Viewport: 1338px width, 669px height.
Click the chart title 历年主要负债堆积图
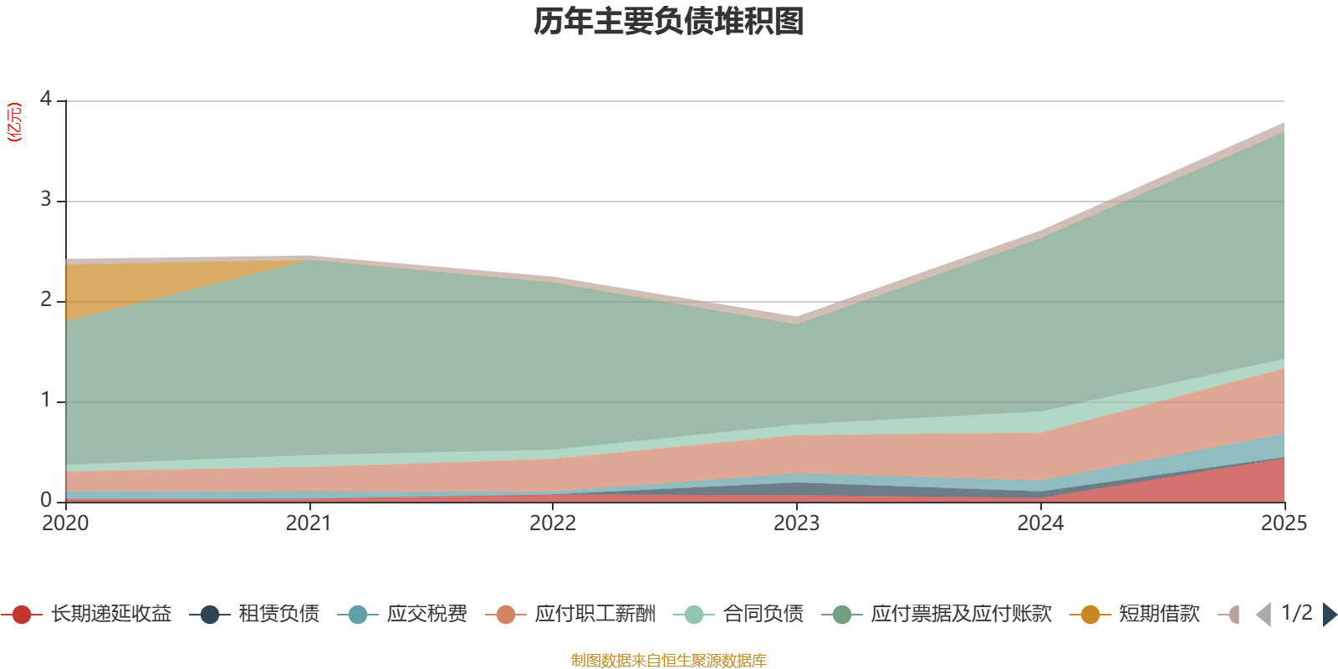[668, 22]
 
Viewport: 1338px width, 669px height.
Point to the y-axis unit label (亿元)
[13, 122]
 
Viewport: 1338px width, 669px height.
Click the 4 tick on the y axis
[46, 99]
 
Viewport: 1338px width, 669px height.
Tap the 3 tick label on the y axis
[46, 199]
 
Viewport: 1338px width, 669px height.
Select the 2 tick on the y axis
[46, 299]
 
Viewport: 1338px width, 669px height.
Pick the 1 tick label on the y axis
[46, 400]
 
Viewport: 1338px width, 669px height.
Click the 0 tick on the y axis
[46, 500]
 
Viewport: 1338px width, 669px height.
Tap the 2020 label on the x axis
[65, 523]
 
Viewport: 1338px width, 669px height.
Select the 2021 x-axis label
[309, 523]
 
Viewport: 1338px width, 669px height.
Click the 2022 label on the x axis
[553, 523]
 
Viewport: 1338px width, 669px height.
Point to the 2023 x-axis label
[797, 523]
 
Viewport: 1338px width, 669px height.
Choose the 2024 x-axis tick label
[1040, 523]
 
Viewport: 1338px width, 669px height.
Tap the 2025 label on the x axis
[1284, 523]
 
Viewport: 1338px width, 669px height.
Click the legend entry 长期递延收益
[87, 614]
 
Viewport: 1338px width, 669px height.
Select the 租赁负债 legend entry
[254, 614]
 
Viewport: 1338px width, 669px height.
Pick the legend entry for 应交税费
[402, 614]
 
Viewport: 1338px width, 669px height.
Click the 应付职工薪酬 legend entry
[570, 614]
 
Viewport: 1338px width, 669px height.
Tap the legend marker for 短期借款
[1090, 615]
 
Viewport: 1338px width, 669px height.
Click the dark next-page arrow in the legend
[1330, 614]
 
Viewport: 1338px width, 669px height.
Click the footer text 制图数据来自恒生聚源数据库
[668, 660]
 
